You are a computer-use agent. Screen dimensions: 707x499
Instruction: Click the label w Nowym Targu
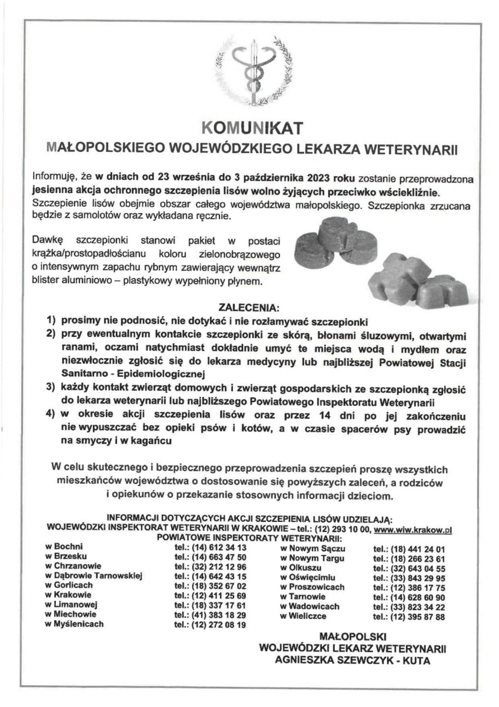point(308,557)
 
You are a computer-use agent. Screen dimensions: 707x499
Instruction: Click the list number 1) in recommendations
point(52,323)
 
